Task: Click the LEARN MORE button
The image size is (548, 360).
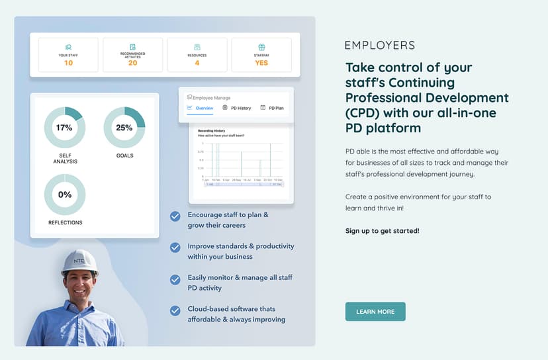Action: click(375, 312)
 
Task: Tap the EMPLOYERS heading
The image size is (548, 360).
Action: click(380, 46)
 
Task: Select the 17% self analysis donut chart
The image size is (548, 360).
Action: click(64, 128)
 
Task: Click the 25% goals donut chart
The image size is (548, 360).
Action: click(124, 128)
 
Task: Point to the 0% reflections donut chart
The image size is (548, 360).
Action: click(64, 195)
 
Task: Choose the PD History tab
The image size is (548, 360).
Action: click(236, 108)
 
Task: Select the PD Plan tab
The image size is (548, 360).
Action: click(272, 108)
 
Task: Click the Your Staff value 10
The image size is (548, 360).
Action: click(69, 63)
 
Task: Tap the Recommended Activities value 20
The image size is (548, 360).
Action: click(133, 63)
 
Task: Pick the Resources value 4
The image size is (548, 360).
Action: click(197, 63)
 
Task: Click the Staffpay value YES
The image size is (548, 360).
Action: click(261, 63)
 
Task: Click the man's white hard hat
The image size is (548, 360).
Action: click(79, 262)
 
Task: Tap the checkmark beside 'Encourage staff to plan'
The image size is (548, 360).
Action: click(175, 216)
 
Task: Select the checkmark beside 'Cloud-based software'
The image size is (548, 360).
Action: click(175, 310)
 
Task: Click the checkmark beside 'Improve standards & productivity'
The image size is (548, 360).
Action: click(175, 247)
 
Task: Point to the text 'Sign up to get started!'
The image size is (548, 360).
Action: click(382, 231)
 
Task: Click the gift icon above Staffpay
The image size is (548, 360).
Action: click(261, 47)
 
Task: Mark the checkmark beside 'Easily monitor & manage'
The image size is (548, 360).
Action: click(175, 279)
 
